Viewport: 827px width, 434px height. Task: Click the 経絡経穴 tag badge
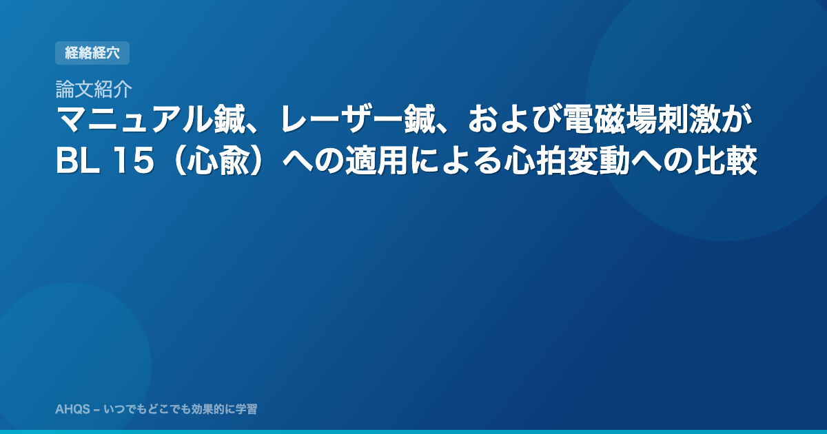92,53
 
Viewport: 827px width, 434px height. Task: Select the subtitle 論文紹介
94,89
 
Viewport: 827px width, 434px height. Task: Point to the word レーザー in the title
342,119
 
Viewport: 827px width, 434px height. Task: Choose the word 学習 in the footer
247,409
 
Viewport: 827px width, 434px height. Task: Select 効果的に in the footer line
213,409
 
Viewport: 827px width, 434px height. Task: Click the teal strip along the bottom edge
413,432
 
